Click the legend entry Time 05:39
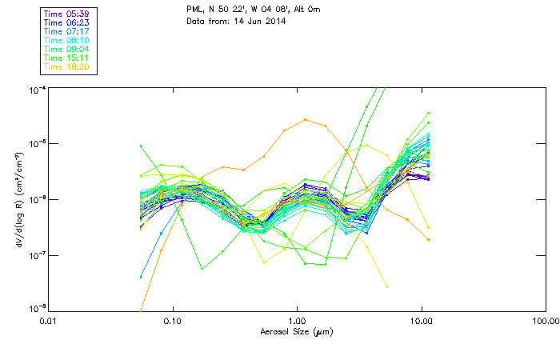click(67, 14)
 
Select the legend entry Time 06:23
click(67, 23)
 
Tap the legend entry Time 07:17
click(67, 32)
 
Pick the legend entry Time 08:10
click(67, 41)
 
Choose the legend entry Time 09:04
click(67, 50)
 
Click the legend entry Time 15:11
click(67, 58)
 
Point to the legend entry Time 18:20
click(67, 67)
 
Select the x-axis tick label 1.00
click(297, 321)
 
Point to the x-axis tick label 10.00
click(422, 321)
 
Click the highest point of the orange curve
click(306, 120)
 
